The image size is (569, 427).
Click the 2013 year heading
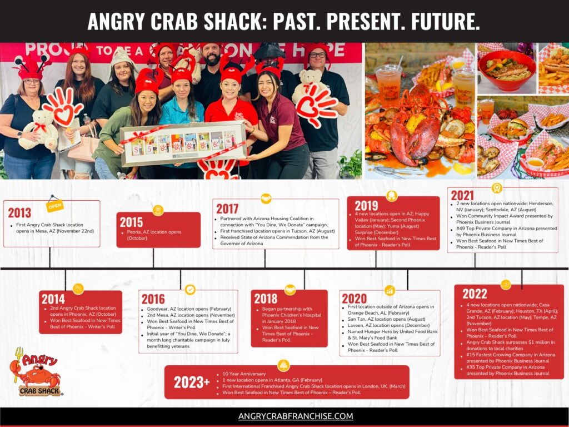point(19,212)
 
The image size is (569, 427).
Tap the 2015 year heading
point(131,222)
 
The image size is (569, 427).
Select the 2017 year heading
point(227,209)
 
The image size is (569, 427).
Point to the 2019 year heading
point(366,206)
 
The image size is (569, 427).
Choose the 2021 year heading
point(462,196)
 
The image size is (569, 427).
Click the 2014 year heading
point(53,299)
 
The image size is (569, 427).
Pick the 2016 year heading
point(153,299)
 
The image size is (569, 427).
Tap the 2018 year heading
point(266,299)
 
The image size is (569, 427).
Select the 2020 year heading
point(354,299)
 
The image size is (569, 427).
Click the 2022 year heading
point(475,294)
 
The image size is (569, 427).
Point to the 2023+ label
point(192,382)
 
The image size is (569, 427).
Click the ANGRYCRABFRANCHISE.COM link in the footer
point(296,416)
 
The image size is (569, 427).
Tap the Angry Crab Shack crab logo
point(37,373)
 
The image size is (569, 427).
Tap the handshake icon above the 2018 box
point(290,289)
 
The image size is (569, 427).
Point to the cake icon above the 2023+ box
point(284,365)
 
